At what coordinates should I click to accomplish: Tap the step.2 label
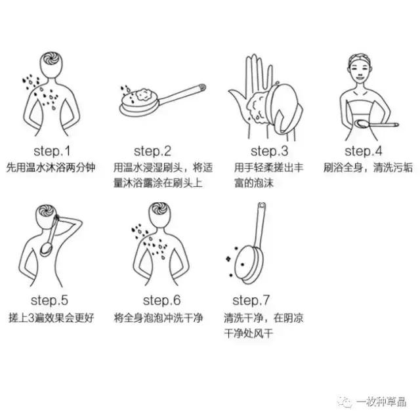[x=152, y=151]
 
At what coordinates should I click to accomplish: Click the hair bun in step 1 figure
[x=49, y=58]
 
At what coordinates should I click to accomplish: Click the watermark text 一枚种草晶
[x=382, y=402]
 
